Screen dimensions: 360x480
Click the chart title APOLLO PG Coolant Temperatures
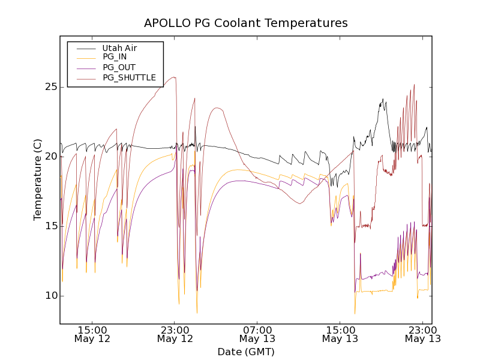[245, 23]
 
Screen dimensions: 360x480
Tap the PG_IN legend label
[115, 57]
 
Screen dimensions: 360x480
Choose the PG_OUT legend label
[119, 67]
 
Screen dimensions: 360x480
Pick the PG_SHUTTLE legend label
[129, 77]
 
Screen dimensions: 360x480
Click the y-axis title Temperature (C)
[38, 180]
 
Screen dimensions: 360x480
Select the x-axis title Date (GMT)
[245, 352]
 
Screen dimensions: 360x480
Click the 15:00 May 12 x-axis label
[92, 334]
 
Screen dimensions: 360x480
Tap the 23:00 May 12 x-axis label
[175, 334]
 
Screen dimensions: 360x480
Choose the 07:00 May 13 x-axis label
[257, 334]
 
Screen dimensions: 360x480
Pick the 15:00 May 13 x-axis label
[340, 334]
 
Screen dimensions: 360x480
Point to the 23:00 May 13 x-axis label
[422, 334]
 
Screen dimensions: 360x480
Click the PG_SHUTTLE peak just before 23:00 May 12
[173, 77]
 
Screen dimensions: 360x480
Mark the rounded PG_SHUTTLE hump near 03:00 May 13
[217, 108]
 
